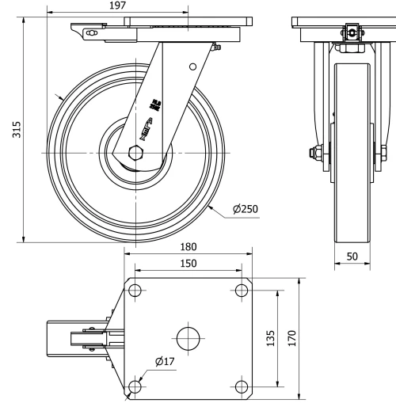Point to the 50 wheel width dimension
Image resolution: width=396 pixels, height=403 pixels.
point(352,257)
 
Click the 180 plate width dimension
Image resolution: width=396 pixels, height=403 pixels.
point(187,246)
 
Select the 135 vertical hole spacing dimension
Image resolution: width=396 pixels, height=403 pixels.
point(270,338)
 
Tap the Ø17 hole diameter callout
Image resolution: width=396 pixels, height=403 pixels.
point(165,362)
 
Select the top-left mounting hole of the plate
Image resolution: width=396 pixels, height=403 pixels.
point(134,290)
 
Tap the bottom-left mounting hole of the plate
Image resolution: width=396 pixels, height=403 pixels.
point(134,386)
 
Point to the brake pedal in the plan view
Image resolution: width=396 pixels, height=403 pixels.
point(63,338)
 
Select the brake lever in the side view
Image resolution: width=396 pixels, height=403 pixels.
point(89,32)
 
